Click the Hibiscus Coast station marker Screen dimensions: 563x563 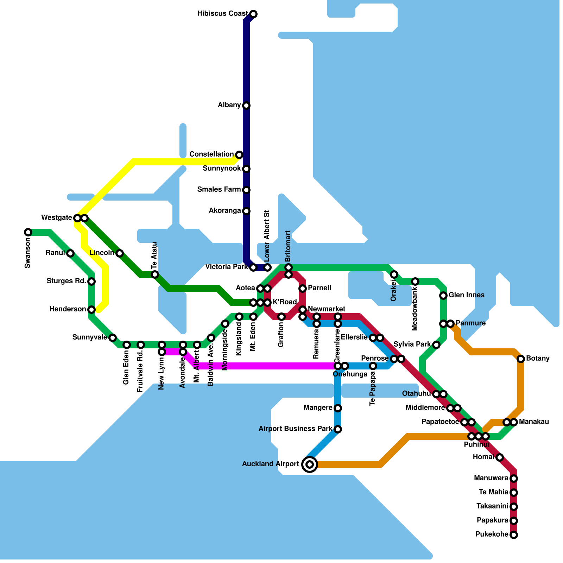[253, 14]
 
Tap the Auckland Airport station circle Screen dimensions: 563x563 [310, 464]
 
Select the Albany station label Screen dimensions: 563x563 [229, 105]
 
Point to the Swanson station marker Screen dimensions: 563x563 [28, 232]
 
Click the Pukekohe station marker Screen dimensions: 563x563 [514, 535]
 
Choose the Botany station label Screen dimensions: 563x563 [538, 359]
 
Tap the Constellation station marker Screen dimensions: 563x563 [239, 155]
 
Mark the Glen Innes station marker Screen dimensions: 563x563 [443, 296]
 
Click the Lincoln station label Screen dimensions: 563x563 [102, 253]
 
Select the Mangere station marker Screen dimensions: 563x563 [338, 408]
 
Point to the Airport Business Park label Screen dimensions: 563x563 [295, 429]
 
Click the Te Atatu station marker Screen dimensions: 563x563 [155, 274]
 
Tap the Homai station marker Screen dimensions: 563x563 [500, 457]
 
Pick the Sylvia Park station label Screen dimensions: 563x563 [412, 344]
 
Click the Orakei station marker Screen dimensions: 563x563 [394, 274]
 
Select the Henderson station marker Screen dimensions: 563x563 [91, 310]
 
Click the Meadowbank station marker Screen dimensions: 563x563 [415, 281]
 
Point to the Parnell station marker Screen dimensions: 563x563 [303, 289]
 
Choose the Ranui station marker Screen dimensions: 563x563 [70, 253]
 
